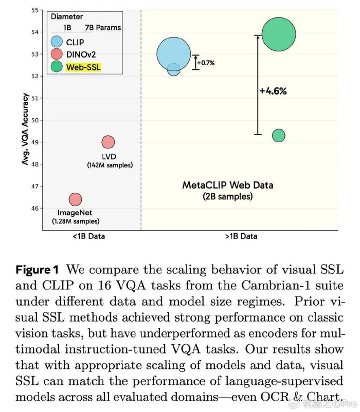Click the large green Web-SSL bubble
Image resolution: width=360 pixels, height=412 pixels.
click(279, 34)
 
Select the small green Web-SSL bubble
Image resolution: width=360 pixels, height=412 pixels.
click(278, 135)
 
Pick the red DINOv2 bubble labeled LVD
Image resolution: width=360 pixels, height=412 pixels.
click(108, 142)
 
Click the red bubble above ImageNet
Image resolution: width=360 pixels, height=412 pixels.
click(75, 199)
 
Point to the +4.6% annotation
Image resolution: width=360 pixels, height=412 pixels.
click(273, 91)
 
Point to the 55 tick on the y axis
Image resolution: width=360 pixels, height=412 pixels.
click(36, 10)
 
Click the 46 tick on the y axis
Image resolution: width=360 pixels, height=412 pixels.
click(36, 208)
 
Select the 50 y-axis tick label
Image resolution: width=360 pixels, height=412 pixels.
click(36, 120)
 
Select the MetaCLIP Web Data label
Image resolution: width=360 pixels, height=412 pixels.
click(221, 185)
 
